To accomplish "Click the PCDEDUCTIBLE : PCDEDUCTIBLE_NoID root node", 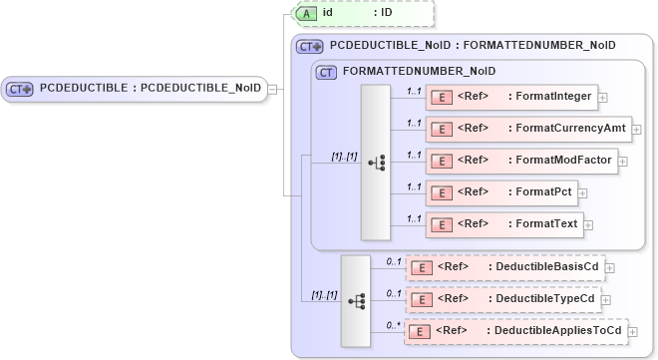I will click(x=135, y=88).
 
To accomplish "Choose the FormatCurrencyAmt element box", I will click(x=527, y=129).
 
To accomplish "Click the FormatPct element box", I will click(x=501, y=192).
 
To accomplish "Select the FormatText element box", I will click(x=503, y=224).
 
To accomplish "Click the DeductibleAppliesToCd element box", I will click(x=515, y=331).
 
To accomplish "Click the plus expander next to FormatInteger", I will click(x=603, y=98).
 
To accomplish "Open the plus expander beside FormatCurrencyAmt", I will click(x=636, y=130).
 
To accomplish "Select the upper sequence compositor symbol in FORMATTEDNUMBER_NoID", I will click(x=376, y=162).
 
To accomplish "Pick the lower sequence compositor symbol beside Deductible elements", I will click(x=356, y=300).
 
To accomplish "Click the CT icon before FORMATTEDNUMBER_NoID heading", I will click(x=325, y=72).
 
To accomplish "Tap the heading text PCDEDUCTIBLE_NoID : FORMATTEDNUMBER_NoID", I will click(x=473, y=45).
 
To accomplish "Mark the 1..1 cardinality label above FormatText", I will click(x=414, y=218).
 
